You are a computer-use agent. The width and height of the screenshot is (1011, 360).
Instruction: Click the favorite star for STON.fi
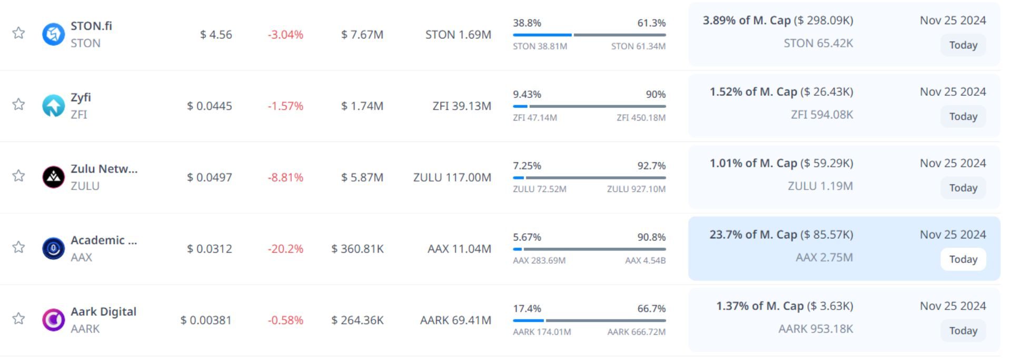[18, 33]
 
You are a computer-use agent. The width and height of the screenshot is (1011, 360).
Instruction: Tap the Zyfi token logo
[53, 106]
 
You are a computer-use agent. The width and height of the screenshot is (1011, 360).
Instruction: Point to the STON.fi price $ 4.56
[216, 35]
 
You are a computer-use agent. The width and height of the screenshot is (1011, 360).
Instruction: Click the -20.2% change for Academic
[285, 249]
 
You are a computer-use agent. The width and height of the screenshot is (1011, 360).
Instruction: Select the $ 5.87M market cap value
[362, 178]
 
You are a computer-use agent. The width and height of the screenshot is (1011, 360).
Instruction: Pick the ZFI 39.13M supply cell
[462, 106]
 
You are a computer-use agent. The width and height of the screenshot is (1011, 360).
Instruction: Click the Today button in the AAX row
[963, 259]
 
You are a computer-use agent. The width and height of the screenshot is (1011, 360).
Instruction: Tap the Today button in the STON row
[963, 45]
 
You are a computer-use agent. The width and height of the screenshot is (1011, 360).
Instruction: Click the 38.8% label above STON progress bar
[527, 23]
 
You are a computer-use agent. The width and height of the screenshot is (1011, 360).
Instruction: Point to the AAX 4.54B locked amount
[645, 261]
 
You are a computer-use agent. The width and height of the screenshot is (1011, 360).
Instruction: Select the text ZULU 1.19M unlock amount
[820, 186]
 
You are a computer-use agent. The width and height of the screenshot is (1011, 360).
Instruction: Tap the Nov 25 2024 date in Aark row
[953, 306]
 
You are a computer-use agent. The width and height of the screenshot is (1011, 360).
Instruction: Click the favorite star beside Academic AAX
[18, 247]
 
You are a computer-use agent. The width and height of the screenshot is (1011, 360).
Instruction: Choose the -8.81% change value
[285, 178]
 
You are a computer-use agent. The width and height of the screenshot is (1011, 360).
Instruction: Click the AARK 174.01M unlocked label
[542, 332]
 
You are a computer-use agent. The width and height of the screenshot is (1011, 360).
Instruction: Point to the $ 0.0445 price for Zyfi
[209, 106]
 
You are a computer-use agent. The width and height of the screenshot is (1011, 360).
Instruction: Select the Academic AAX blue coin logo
[53, 248]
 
